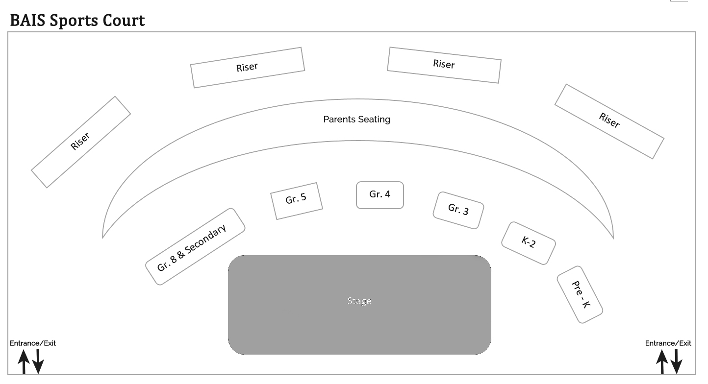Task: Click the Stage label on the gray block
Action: click(359, 301)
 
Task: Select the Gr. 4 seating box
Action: click(380, 195)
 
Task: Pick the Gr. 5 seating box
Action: click(296, 201)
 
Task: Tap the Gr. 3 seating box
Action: click(458, 210)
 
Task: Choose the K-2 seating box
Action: click(528, 243)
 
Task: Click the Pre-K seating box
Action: click(580, 294)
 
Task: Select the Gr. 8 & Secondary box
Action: click(195, 246)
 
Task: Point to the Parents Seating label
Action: click(356, 120)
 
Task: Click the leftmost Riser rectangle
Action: click(81, 142)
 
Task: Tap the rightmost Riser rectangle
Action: click(609, 121)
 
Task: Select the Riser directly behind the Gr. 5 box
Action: click(247, 68)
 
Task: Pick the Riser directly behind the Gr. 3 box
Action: click(444, 65)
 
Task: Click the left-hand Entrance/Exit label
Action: click(33, 343)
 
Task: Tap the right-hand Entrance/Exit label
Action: click(668, 343)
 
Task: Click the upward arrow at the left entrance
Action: click(24, 362)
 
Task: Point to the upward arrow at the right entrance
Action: click(662, 362)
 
